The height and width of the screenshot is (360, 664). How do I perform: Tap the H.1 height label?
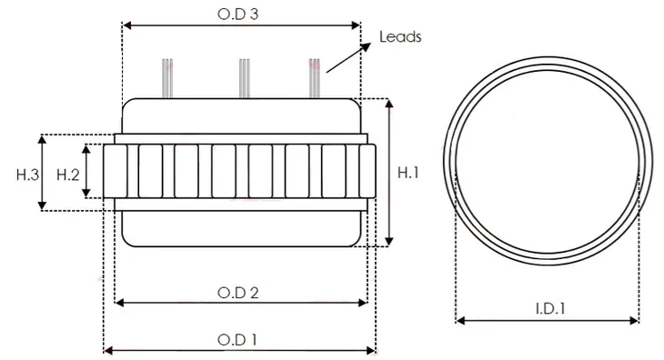[x=409, y=171]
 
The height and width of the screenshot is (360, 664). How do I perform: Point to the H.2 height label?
[x=69, y=173]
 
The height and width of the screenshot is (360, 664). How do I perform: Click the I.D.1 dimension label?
[x=547, y=308]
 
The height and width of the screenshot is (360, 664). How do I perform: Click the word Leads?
[x=399, y=37]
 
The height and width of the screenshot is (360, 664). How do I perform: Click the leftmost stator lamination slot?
[x=115, y=173]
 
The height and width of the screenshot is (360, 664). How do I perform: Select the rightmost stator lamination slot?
[x=367, y=173]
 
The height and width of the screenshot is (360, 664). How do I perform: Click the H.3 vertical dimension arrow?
[x=42, y=173]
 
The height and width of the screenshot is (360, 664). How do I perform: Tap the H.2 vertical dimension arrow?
[x=86, y=171]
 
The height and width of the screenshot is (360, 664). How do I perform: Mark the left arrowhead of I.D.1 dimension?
[x=459, y=320]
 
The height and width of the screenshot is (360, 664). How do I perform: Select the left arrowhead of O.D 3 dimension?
[x=126, y=25]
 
